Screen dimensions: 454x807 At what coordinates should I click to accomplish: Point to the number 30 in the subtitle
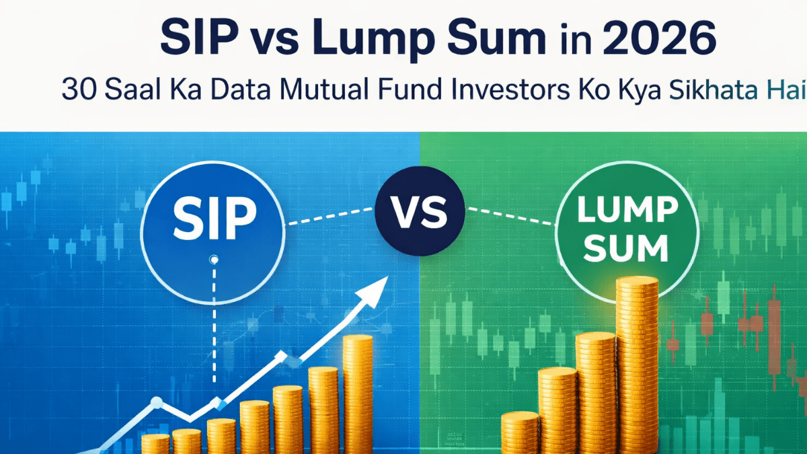(x=75, y=91)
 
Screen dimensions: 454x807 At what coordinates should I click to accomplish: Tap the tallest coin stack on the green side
(x=636, y=363)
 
